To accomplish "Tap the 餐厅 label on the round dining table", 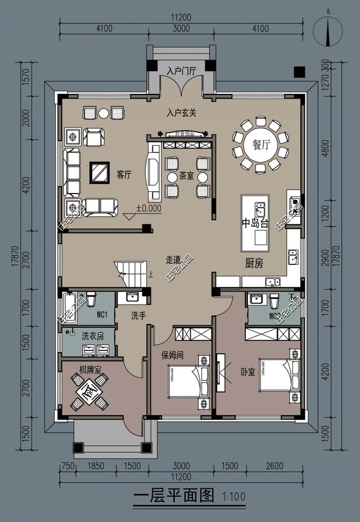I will (x=260, y=145).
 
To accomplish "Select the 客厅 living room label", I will (x=124, y=174).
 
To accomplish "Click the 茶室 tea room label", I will (x=186, y=177).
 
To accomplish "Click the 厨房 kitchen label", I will (x=254, y=263).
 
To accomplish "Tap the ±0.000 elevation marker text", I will (x=148, y=208).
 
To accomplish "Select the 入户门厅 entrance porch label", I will (x=181, y=71).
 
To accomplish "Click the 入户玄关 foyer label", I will (x=181, y=112).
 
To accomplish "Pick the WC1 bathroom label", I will (x=102, y=313).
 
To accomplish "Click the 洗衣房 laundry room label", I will (x=93, y=336).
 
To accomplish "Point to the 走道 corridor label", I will (x=173, y=260).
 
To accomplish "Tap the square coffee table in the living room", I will (x=100, y=173).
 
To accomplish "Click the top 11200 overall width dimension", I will (x=182, y=17).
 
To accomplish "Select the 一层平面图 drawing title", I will (x=174, y=496).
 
